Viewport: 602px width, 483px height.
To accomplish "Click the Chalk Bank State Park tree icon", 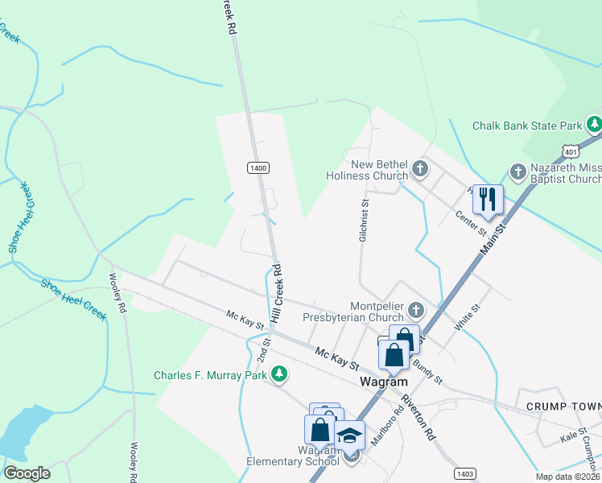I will (594, 125).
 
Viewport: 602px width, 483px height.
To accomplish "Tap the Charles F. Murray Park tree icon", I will (279, 374).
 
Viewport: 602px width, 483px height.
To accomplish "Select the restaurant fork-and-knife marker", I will (488, 199).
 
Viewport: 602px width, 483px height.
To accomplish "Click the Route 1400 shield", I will (258, 167).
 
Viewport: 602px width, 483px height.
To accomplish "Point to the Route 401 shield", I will (570, 151).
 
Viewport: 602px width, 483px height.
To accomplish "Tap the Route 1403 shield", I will (464, 473).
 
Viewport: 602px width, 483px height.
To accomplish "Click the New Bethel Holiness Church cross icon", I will (419, 169).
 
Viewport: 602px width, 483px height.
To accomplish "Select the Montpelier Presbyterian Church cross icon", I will (415, 310).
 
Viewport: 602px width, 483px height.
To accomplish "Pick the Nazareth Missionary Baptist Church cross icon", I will (517, 171).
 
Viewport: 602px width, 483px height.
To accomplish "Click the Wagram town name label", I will (383, 382).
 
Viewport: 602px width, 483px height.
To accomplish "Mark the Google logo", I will (27, 473).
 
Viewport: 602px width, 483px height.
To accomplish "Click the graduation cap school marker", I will (349, 436).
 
